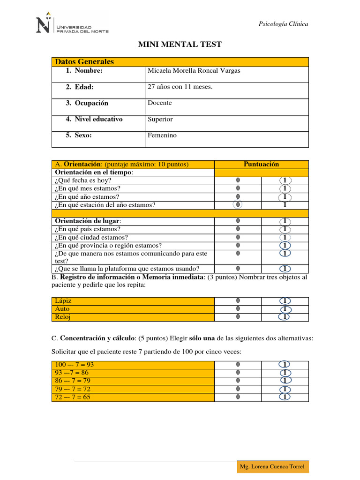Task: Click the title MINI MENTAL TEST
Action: pos(180,45)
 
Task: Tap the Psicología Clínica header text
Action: pos(284,24)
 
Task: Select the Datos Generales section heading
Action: pos(84,62)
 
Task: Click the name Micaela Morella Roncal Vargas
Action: pos(194,71)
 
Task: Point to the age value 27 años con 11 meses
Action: pos(180,87)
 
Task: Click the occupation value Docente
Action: pos(160,103)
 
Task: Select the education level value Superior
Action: pos(160,119)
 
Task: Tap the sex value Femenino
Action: pos(162,135)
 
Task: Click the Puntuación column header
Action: pos(261,164)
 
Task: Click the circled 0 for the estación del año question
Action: pos(238,205)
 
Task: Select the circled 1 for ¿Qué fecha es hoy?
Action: pos(285,180)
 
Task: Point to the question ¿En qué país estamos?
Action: pos(88,229)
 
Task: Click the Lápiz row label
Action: pos(63,301)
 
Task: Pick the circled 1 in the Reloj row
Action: pos(285,317)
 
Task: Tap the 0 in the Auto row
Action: pos(238,309)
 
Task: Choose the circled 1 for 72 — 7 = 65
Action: pos(285,397)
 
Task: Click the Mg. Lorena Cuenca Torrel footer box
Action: pos(272,466)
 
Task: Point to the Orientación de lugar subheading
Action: pos(88,221)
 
